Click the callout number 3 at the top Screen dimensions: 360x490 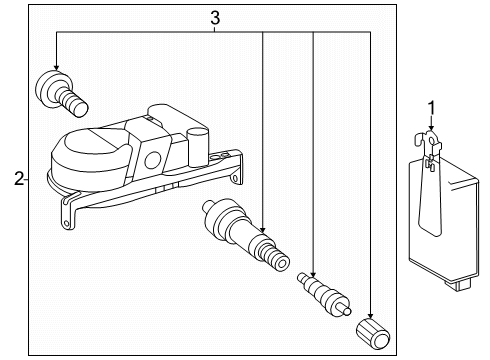pyautogui.click(x=213, y=16)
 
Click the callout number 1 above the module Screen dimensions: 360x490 pyautogui.click(x=431, y=107)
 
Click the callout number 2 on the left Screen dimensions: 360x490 pyautogui.click(x=18, y=179)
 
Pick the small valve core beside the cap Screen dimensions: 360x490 pyautogui.click(x=321, y=291)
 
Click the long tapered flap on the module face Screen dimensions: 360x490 pyautogui.click(x=426, y=205)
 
